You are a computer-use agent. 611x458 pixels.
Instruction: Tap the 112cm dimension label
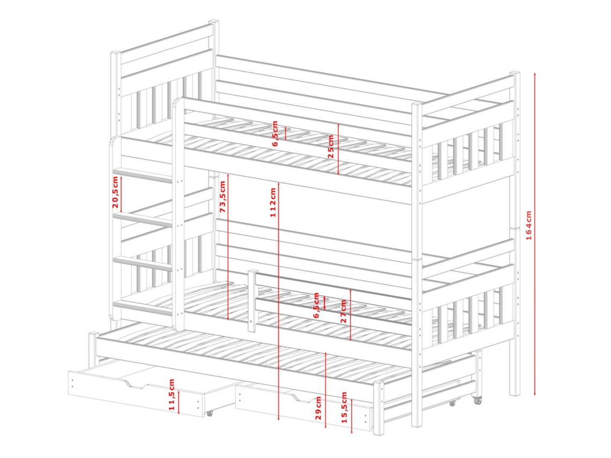[273, 202]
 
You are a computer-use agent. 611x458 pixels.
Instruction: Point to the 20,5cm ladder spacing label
[115, 192]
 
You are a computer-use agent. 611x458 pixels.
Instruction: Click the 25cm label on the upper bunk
[331, 146]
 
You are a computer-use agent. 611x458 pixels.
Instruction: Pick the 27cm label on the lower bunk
[344, 311]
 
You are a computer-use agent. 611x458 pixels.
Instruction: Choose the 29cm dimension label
[318, 408]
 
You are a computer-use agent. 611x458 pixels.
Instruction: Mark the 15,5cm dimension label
[344, 407]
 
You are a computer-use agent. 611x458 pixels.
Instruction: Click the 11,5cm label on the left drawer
[172, 394]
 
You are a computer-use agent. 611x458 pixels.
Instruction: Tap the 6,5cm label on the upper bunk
[275, 133]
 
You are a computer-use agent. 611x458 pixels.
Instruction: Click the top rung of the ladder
[143, 176]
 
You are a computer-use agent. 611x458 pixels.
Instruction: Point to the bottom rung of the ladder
[143, 307]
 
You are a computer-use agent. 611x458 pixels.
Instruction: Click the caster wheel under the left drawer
[210, 413]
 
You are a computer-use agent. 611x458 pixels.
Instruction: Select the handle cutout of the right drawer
[303, 397]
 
